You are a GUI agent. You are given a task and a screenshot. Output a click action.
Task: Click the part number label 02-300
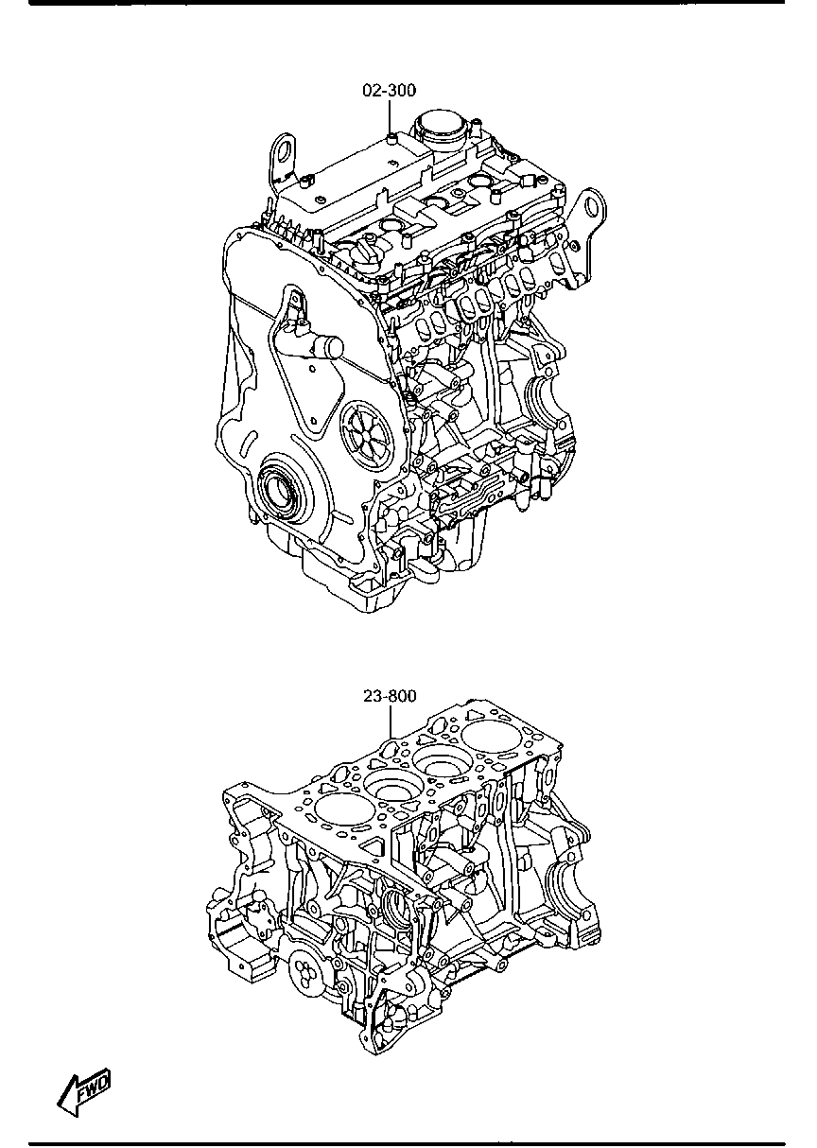389,90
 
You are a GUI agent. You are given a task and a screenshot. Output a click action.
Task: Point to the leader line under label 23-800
391,722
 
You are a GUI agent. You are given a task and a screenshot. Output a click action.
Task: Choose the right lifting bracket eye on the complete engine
592,206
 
